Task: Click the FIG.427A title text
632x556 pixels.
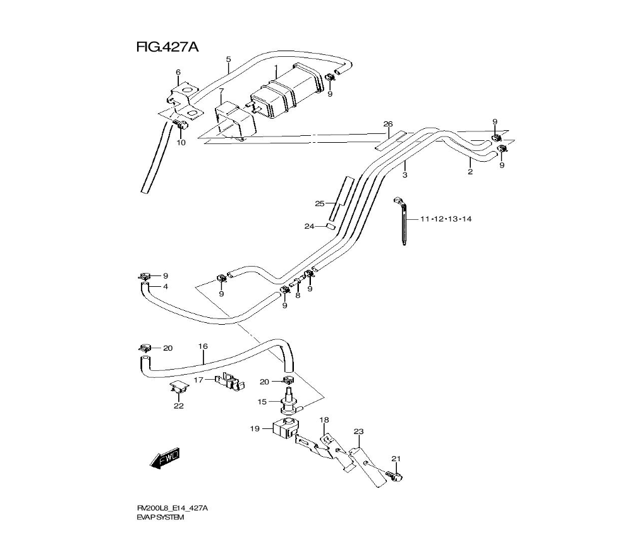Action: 167,47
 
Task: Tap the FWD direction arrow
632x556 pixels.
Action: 165,459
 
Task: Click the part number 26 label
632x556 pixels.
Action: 388,124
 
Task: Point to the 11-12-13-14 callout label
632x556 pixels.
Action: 446,219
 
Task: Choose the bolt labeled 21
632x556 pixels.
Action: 394,476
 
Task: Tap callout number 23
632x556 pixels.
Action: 359,432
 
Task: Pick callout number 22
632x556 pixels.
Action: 179,406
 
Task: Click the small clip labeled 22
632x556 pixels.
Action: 179,387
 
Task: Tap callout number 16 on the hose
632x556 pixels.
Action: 203,346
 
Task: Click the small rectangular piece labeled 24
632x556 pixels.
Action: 331,226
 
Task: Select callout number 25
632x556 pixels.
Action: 320,204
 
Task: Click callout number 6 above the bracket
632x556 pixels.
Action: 178,72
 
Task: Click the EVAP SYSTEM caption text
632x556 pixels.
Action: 160,517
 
